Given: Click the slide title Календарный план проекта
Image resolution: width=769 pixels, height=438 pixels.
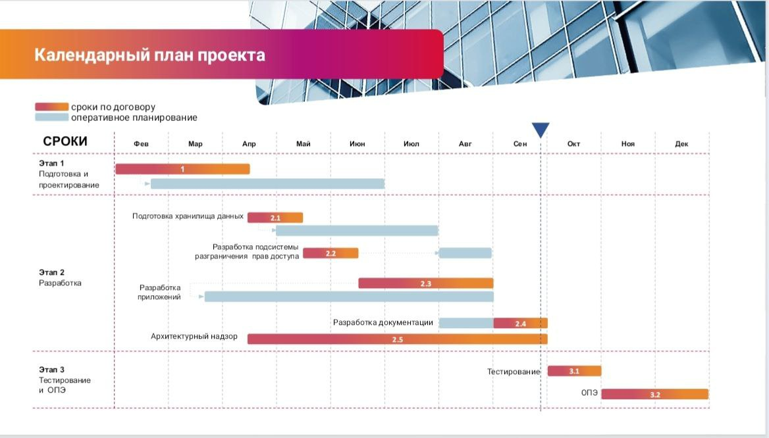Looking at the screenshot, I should [x=149, y=55].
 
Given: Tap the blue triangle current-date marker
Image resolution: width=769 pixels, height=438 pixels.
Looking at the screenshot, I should [x=541, y=130].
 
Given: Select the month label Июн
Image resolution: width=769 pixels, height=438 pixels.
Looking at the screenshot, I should [x=358, y=143].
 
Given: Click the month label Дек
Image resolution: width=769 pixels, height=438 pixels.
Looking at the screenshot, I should [x=681, y=143].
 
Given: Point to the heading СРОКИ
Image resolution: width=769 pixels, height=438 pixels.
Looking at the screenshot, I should [x=65, y=141].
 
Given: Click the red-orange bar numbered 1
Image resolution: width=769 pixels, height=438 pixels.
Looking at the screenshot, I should [x=182, y=169].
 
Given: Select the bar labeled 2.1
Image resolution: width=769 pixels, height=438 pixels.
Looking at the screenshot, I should [x=275, y=217].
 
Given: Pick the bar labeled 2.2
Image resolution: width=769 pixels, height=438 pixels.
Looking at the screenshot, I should [x=331, y=253].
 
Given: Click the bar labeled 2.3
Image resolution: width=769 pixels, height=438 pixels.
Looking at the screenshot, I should [x=425, y=283].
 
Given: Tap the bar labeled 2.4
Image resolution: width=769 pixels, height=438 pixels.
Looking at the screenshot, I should [x=520, y=323].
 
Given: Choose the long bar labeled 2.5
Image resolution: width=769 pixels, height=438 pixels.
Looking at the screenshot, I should [x=397, y=339].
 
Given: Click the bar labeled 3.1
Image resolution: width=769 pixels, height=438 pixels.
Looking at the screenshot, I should [x=574, y=371].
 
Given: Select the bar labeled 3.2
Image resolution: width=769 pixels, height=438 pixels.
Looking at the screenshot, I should [x=654, y=394].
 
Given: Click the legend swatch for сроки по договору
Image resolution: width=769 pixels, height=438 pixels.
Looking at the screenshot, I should [x=51, y=107].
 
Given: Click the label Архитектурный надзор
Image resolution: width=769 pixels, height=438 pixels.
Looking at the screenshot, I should [x=194, y=336].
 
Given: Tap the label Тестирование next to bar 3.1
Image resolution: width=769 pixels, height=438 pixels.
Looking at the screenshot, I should [x=514, y=372].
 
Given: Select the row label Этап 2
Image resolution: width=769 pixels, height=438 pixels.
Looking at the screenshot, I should [x=51, y=272].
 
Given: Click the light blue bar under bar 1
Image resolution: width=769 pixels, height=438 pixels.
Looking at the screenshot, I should [x=267, y=184].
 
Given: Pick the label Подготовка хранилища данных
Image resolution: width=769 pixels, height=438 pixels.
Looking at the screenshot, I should [x=188, y=216].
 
